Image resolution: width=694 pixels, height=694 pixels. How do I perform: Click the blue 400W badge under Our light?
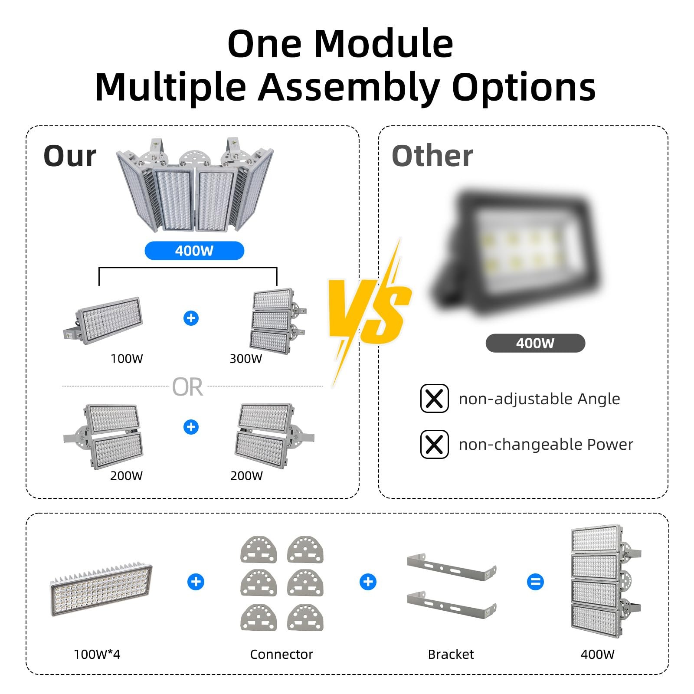click(194, 251)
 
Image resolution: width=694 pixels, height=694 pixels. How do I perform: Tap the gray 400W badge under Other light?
click(535, 343)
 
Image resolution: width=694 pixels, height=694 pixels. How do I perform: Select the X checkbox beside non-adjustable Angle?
click(434, 398)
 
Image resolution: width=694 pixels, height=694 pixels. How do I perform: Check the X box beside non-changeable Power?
click(434, 444)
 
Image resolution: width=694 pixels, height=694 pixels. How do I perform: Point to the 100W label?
click(126, 359)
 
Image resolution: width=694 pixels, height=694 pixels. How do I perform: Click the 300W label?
click(246, 359)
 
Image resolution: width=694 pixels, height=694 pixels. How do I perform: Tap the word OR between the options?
click(187, 387)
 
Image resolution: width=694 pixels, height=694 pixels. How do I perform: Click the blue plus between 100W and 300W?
click(191, 318)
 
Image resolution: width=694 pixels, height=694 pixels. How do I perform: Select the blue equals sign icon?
click(535, 582)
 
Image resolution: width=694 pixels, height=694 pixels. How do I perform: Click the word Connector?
click(281, 654)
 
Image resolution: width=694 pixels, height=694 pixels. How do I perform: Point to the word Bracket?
click(451, 654)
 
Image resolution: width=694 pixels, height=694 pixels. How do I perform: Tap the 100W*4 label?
click(97, 654)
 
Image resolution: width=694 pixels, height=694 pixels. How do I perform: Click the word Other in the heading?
click(432, 156)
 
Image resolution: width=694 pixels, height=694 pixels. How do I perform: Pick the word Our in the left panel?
click(70, 156)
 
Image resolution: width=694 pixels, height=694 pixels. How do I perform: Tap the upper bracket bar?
click(451, 564)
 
